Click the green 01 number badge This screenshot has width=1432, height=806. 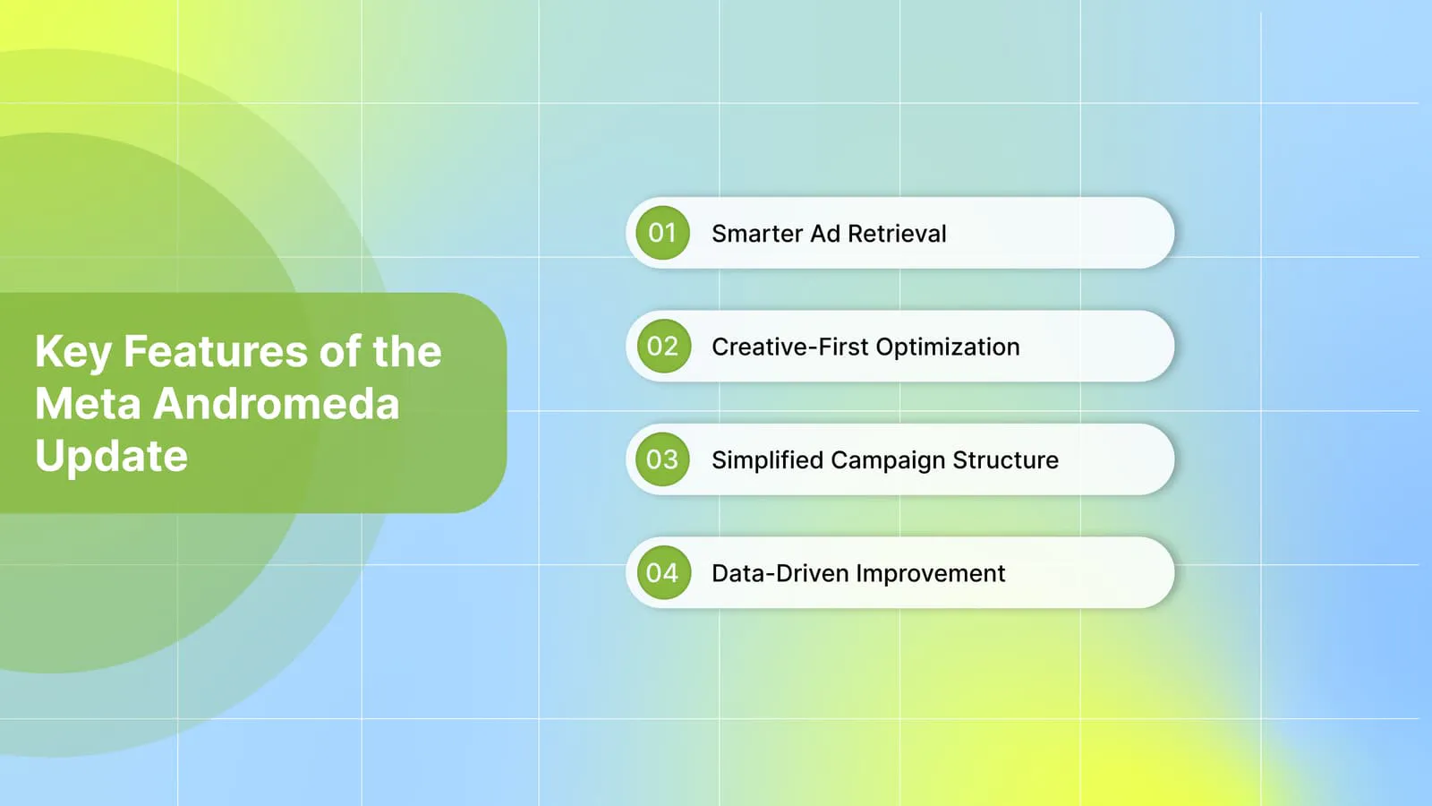[662, 233]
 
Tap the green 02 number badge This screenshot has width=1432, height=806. [663, 346]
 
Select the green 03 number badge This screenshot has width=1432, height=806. [662, 459]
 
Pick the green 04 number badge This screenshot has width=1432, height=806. [663, 572]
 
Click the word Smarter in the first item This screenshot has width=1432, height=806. [757, 234]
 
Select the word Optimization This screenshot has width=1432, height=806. [948, 347]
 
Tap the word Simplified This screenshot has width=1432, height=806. [767, 460]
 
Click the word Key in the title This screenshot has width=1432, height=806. [72, 353]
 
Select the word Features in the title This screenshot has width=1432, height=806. [216, 351]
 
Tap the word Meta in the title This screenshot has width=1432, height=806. [88, 404]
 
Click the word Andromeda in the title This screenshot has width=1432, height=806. [277, 404]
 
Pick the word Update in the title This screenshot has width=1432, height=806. [111, 457]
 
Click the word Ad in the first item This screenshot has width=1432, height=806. [825, 234]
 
